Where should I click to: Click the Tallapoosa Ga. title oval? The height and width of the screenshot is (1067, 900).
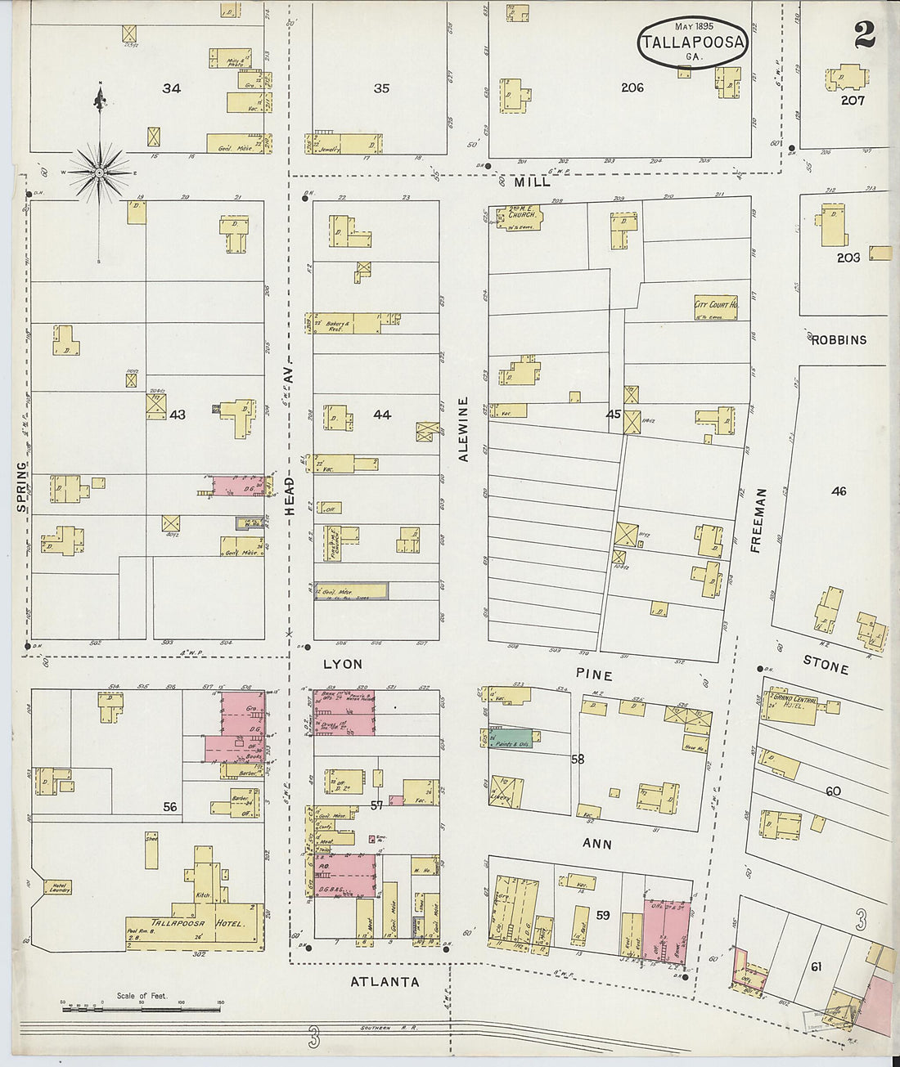(692, 42)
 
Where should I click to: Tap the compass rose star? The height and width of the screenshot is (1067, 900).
(99, 173)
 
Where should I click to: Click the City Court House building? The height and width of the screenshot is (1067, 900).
(715, 307)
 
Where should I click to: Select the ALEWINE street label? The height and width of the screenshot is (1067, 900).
(463, 429)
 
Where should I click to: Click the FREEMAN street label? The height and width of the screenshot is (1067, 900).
(758, 521)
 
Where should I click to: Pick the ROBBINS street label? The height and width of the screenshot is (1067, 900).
(839, 339)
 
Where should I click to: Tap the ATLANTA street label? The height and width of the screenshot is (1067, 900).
(385, 982)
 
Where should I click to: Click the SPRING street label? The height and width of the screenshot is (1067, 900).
(21, 487)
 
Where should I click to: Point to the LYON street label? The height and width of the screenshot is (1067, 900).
(342, 665)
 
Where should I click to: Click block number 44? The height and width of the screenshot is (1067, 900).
(381, 415)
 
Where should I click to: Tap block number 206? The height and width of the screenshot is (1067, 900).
(632, 87)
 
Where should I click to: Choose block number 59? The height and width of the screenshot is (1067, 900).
(602, 915)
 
